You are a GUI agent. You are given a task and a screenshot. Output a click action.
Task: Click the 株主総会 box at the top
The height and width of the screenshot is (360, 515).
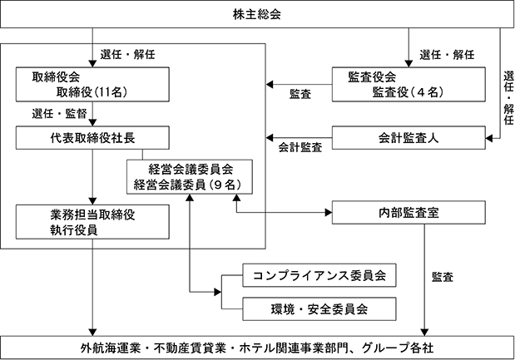257,14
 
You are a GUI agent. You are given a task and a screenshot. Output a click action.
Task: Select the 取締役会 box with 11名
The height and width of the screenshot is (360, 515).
92,84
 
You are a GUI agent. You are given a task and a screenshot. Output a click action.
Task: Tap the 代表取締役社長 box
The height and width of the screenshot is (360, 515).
92,138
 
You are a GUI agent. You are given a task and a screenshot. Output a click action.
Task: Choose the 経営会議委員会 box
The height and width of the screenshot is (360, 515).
190,177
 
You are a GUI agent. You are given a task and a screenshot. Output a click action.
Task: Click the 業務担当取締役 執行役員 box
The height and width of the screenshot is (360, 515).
92,222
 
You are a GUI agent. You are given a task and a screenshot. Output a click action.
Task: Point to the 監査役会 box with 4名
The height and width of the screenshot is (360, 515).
409,84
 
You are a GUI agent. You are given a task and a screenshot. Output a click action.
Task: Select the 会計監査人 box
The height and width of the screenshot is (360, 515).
409,138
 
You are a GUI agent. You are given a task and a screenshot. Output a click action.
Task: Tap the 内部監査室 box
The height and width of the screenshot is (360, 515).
409,213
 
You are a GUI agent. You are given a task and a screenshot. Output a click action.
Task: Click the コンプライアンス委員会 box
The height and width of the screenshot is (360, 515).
319,275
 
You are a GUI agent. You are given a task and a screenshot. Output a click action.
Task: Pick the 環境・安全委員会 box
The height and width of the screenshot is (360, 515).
319,308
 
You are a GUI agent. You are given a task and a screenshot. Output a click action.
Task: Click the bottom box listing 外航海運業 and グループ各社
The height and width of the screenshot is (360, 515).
257,348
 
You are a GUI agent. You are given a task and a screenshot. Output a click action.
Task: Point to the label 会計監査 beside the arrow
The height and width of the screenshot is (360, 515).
300,148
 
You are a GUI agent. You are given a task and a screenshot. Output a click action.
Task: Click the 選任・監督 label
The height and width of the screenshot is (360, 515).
59,114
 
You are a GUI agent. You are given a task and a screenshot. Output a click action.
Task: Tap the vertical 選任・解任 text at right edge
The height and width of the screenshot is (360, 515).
508,98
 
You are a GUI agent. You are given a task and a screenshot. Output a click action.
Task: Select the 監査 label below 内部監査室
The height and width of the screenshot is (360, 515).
443,277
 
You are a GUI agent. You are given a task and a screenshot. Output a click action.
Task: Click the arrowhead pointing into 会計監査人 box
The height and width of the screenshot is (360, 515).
489,139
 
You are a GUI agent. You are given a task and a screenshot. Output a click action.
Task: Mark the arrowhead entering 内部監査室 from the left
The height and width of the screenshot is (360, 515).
329,213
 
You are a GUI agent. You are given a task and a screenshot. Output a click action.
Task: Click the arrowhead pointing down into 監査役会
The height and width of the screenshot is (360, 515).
409,64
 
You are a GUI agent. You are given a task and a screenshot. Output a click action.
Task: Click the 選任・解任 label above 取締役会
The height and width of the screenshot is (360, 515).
127,55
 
